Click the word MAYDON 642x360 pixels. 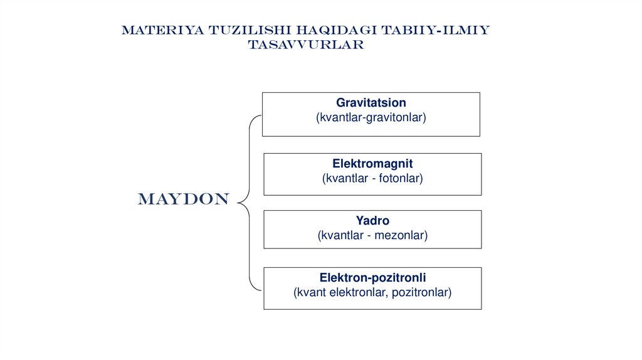pyautogui.click(x=184, y=200)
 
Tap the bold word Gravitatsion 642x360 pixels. pyautogui.click(x=371, y=102)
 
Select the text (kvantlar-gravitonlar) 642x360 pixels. pyautogui.click(x=371, y=117)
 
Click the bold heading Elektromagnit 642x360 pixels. pyautogui.click(x=372, y=164)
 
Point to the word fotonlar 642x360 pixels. pyautogui.click(x=399, y=179)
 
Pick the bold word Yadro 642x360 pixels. pyautogui.click(x=372, y=221)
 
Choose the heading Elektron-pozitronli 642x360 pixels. pyautogui.click(x=372, y=277)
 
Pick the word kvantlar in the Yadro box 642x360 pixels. pyautogui.click(x=339, y=236)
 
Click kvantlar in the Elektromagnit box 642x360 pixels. pyautogui.click(x=342, y=179)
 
